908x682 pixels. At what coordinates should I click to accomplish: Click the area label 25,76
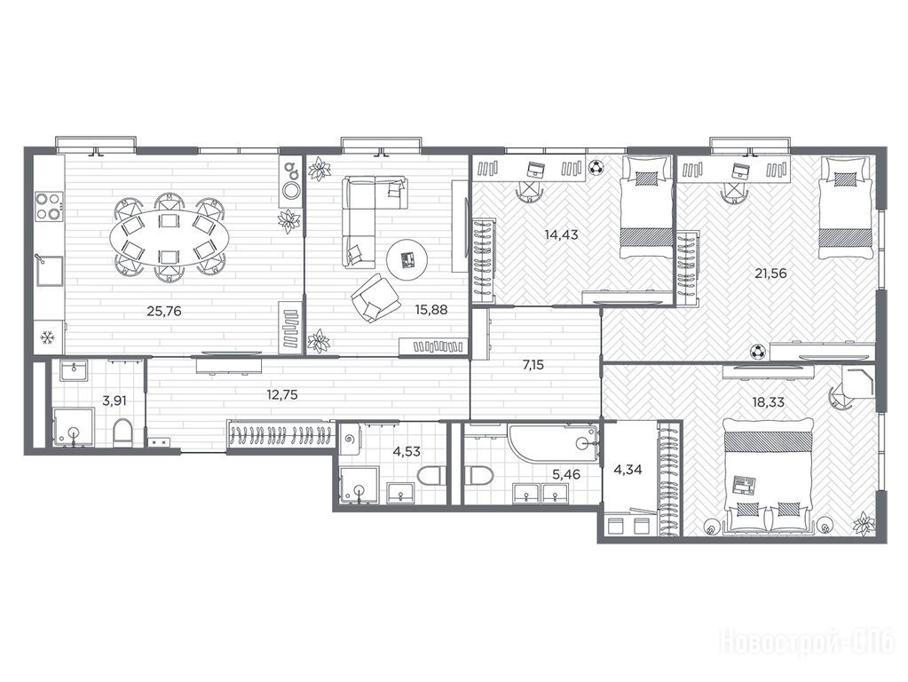pyautogui.click(x=164, y=311)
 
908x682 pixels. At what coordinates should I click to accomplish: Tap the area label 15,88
pyautogui.click(x=430, y=309)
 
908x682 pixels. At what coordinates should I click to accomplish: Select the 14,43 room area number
pyautogui.click(x=561, y=235)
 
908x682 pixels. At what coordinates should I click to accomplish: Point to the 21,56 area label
pyautogui.click(x=770, y=273)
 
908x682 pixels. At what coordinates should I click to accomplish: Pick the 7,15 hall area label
pyautogui.click(x=533, y=366)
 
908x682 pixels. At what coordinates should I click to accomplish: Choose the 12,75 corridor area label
pyautogui.click(x=282, y=395)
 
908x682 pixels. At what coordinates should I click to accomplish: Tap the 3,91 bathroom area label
pyautogui.click(x=114, y=400)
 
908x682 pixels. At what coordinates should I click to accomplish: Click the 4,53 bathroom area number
pyautogui.click(x=407, y=451)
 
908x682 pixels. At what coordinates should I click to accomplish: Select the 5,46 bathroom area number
pyautogui.click(x=565, y=475)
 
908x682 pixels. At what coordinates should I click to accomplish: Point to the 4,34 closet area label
pyautogui.click(x=628, y=470)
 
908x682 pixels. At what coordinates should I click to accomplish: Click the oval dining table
pyautogui.click(x=170, y=237)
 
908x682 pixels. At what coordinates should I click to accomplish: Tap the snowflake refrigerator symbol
pyautogui.click(x=47, y=337)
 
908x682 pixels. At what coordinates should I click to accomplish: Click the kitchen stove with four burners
pyautogui.click(x=49, y=206)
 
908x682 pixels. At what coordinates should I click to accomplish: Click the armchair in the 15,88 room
pyautogui.click(x=375, y=297)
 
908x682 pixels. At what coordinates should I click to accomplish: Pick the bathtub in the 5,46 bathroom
pyautogui.click(x=552, y=444)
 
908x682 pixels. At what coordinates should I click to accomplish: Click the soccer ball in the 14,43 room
pyautogui.click(x=596, y=168)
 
